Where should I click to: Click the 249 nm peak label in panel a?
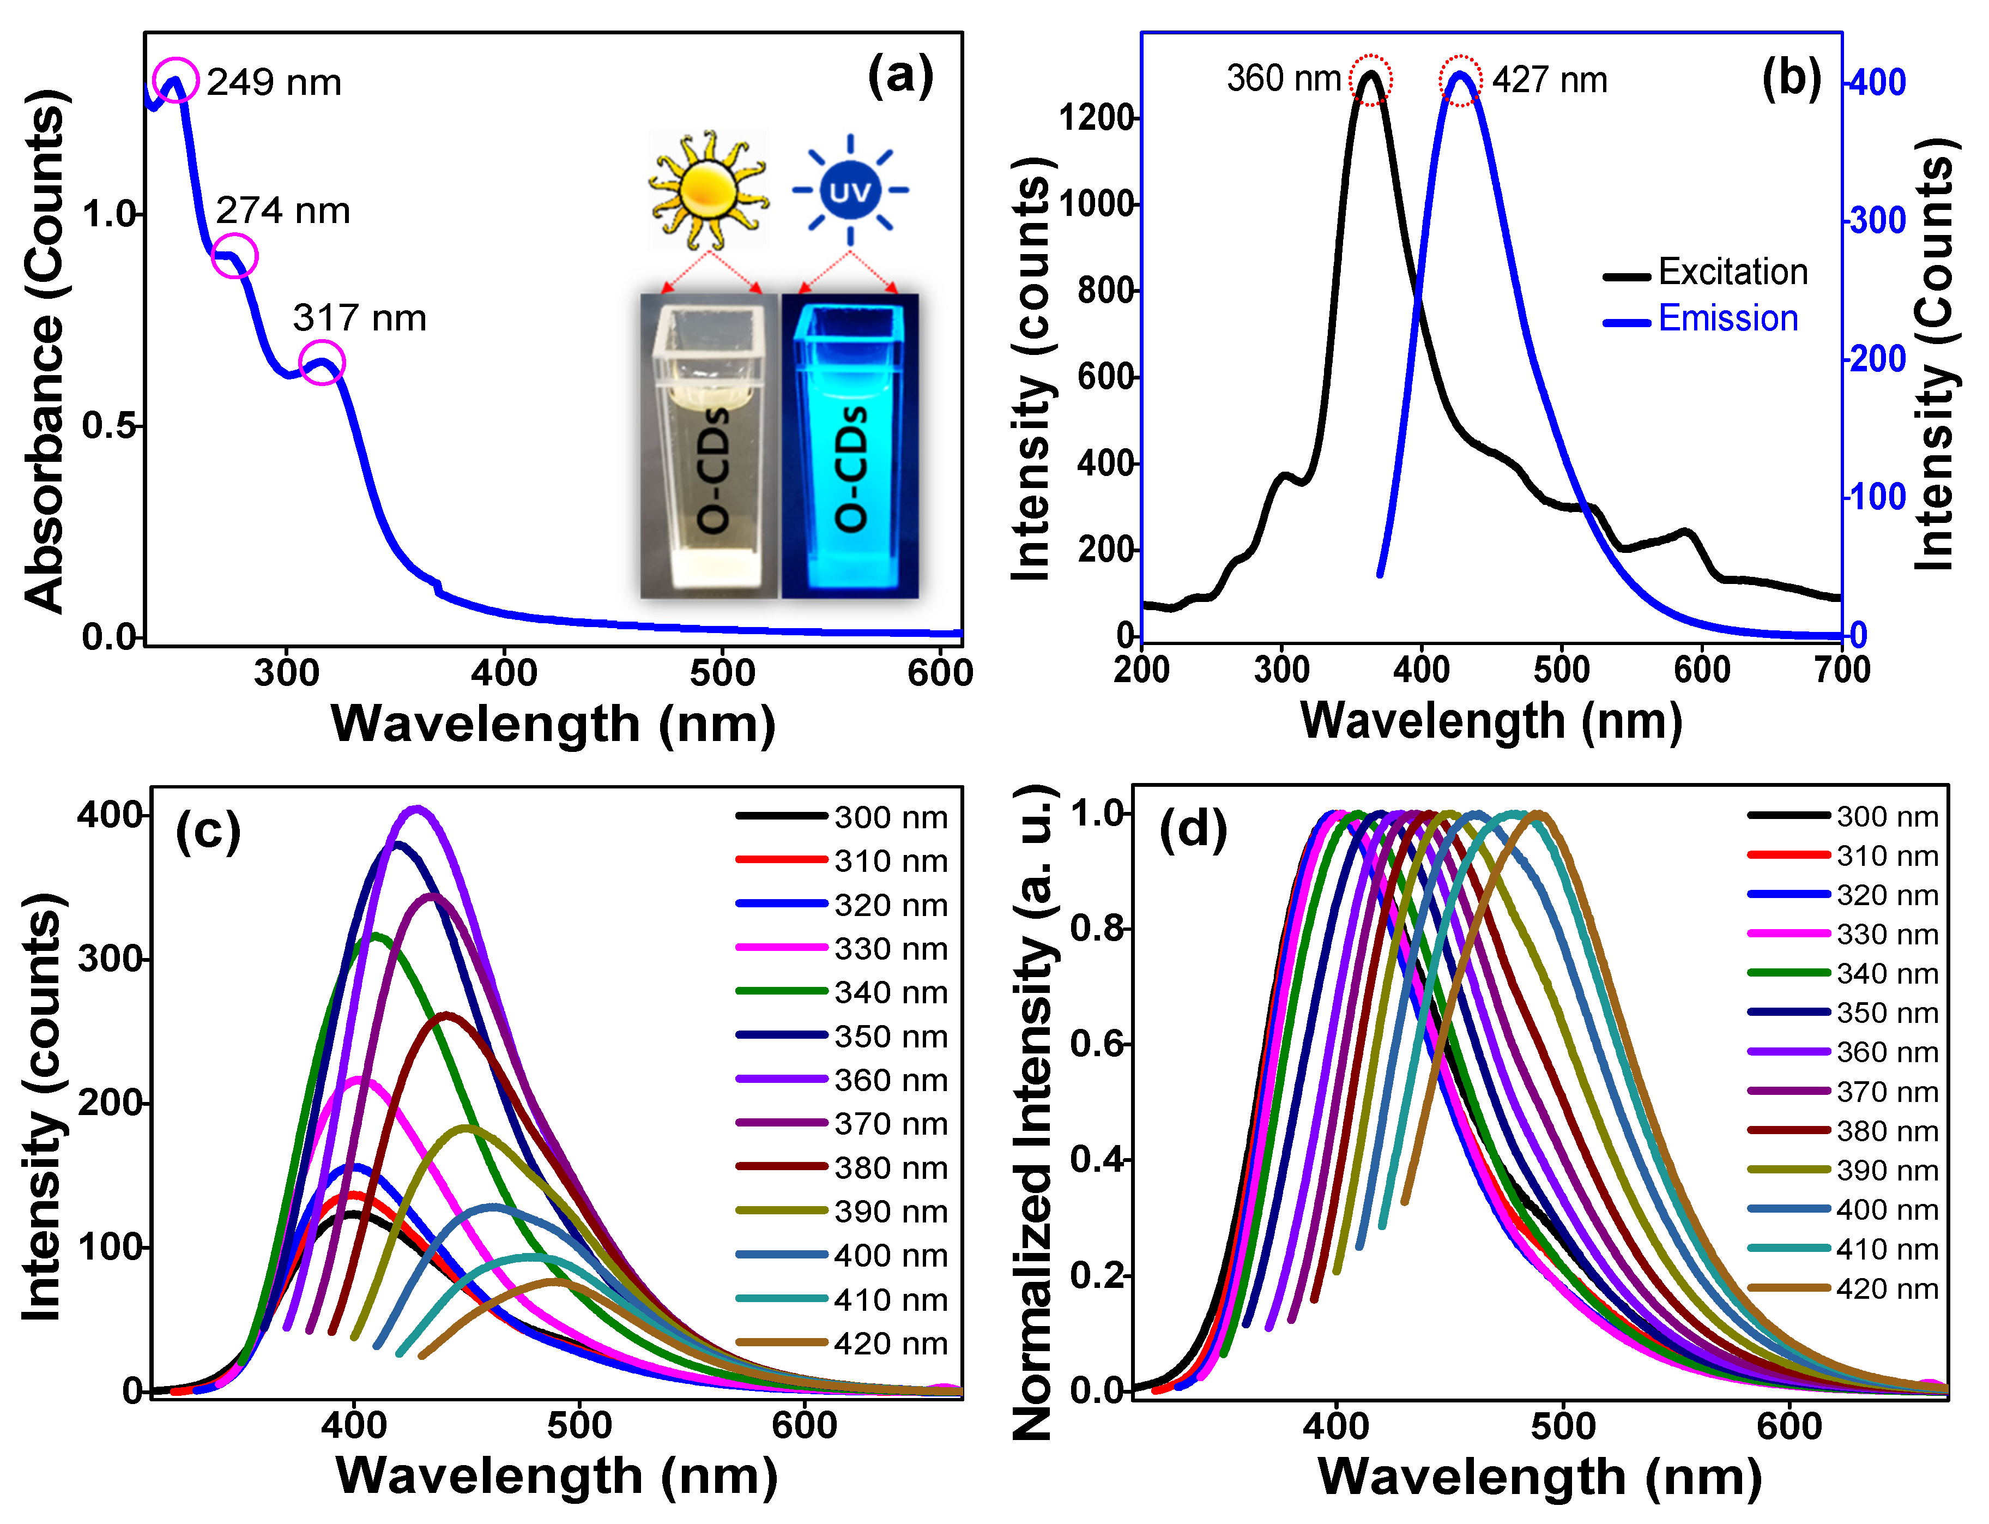point(274,82)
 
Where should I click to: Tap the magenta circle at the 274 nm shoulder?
point(235,256)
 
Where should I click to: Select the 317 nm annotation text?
point(359,318)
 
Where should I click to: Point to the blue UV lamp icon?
point(850,190)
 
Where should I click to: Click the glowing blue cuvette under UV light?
point(850,447)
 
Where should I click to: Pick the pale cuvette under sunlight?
point(709,447)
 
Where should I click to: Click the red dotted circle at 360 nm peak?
point(1370,80)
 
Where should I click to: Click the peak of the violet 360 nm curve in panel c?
point(416,809)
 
